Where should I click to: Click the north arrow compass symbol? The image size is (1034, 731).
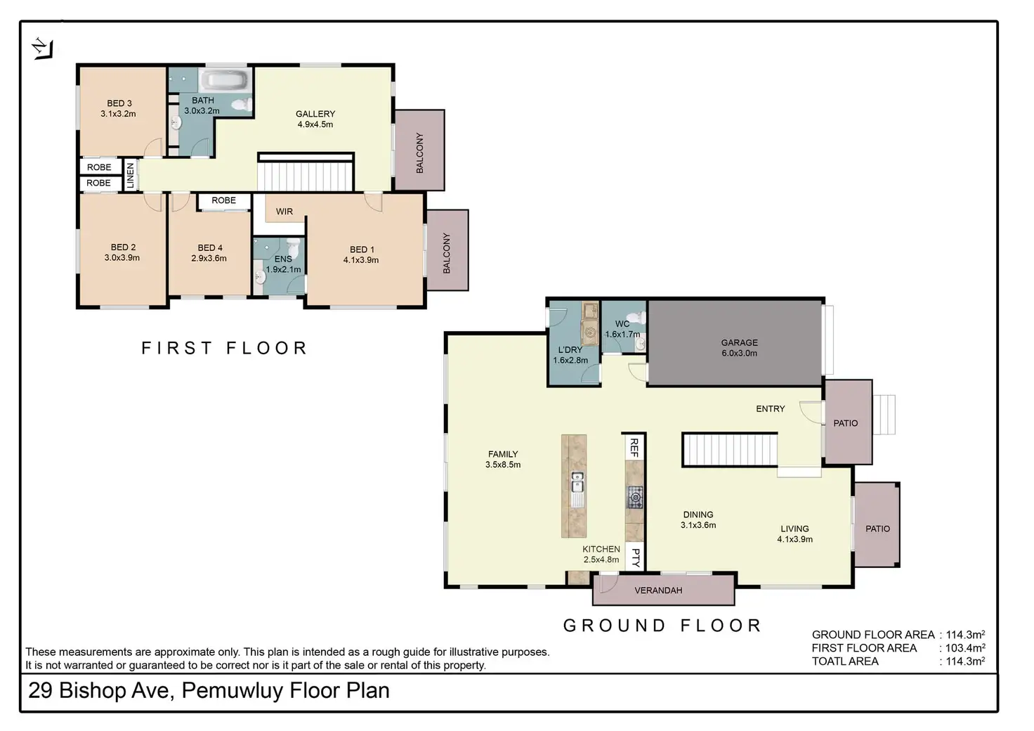pos(42,48)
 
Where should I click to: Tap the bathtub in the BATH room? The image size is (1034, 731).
pos(226,80)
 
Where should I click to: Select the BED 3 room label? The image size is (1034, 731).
pos(119,103)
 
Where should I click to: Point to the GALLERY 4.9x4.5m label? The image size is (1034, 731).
pos(315,119)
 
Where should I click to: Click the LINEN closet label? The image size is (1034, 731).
pos(131,176)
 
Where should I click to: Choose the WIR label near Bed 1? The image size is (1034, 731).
pos(284,212)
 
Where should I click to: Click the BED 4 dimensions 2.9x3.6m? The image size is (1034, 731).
pos(209,259)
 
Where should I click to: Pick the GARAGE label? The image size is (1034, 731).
pos(740,342)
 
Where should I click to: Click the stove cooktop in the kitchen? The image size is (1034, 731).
pos(635,498)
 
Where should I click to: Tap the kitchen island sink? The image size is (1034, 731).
pos(577,482)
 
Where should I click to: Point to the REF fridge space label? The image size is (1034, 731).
pos(634,448)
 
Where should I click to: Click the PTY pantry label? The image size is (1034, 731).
pos(635,558)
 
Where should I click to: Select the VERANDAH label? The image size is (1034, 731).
pos(659,590)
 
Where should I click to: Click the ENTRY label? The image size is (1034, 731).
pos(771,408)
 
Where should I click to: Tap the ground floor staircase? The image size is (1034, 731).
pos(730,450)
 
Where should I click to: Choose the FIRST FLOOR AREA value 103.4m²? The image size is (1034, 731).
pos(965,648)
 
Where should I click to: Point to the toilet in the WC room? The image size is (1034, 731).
pos(641,317)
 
